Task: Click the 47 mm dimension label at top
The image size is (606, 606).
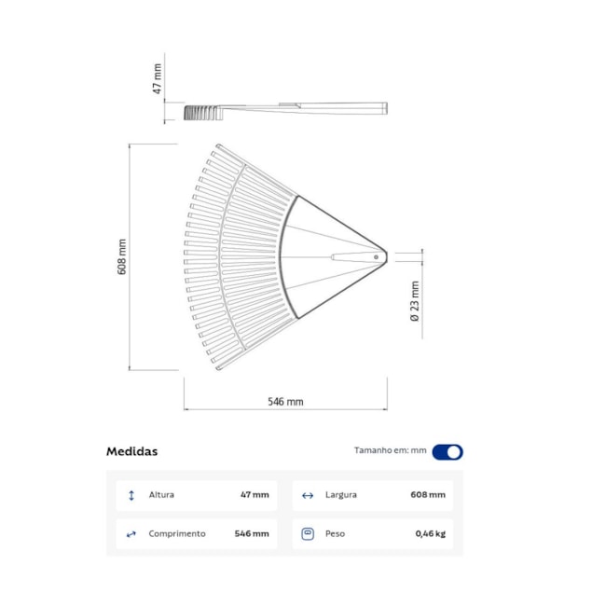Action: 158,78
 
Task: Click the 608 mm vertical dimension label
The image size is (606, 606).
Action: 122,256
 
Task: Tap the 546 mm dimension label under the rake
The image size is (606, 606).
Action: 285,402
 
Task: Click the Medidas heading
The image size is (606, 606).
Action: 131,451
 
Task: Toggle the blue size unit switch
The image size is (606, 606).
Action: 448,452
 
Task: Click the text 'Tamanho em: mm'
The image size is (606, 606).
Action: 390,451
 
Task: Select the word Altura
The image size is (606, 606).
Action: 161,495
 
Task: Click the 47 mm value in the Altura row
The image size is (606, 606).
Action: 255,495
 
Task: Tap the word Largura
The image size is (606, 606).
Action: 341,495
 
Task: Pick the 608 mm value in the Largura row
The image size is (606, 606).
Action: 428,495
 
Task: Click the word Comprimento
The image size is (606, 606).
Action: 177,534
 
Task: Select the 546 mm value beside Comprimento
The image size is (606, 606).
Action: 252,534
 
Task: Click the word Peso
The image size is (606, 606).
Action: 336,534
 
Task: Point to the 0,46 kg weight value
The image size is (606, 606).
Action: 430,534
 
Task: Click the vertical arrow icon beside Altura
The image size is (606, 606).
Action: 131,495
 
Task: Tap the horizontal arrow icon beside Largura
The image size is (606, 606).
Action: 308,495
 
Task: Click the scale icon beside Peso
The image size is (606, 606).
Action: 308,534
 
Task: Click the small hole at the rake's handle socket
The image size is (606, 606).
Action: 376,256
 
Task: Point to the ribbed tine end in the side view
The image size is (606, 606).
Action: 198,113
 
